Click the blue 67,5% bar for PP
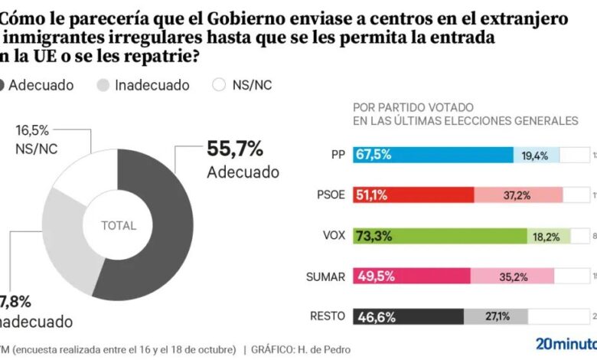coord(433,155)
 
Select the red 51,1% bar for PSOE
coord(413,195)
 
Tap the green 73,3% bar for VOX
coord(440,235)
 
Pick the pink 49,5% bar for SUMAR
coord(412,276)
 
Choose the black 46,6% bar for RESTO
coord(408,316)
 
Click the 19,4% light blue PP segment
coord(535,155)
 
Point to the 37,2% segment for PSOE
coord(517,195)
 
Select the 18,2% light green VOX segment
coord(548,235)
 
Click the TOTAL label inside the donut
coord(118,226)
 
